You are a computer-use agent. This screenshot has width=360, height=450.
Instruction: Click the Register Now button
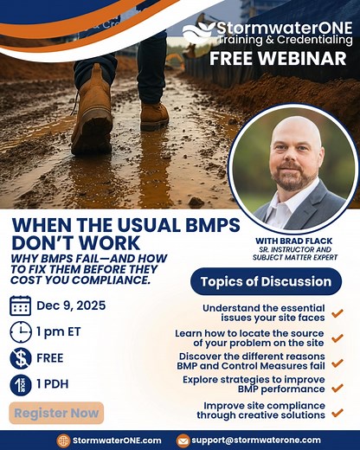[58, 413]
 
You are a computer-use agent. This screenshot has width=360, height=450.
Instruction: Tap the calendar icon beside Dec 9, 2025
[21, 305]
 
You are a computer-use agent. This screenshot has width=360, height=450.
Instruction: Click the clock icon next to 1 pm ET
[21, 331]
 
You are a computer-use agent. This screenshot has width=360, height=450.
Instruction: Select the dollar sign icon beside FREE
[21, 358]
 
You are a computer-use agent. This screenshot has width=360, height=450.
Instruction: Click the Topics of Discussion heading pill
[266, 281]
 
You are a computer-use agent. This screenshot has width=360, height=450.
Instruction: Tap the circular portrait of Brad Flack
[293, 169]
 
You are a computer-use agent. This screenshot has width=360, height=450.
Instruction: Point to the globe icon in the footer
[63, 440]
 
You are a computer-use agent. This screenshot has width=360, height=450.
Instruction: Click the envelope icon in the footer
[183, 440]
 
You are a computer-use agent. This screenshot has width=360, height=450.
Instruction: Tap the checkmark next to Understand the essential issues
[337, 312]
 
